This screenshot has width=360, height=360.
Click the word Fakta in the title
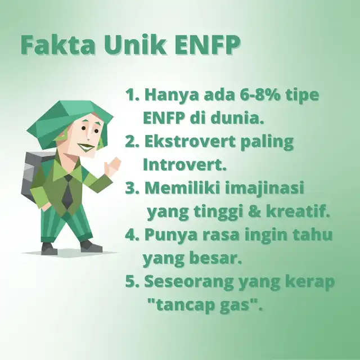coord(58,44)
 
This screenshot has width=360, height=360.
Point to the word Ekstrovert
coord(190,141)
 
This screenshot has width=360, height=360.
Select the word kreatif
coord(298,211)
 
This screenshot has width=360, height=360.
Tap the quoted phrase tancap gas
coord(205,306)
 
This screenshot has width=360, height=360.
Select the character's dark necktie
coord(67,192)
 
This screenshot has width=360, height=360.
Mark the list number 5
coord(130,282)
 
